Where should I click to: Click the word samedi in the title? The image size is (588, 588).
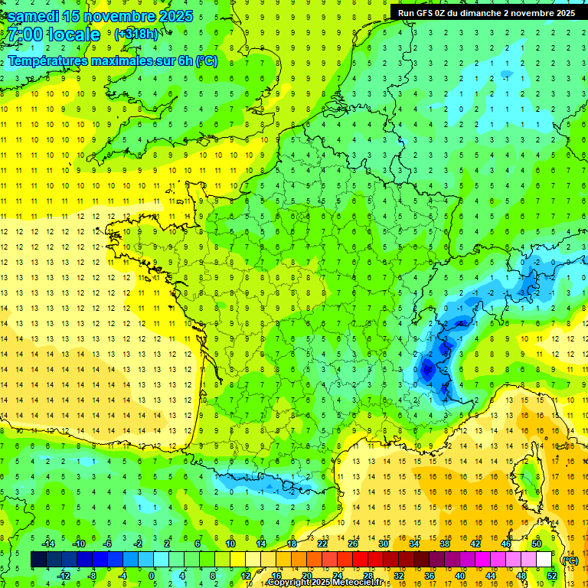(x=36, y=16)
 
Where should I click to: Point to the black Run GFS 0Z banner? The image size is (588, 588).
(x=488, y=12)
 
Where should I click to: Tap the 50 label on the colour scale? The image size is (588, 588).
(x=537, y=544)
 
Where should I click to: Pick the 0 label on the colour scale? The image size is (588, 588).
(x=152, y=575)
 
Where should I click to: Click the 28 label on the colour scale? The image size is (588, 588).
(x=368, y=575)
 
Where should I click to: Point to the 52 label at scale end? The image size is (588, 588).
(x=552, y=575)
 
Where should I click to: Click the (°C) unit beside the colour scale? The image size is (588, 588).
(x=570, y=560)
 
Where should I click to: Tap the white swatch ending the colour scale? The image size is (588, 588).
(x=544, y=560)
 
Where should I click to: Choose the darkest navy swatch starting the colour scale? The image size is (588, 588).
(x=38, y=560)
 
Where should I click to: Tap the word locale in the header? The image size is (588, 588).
(x=73, y=34)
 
